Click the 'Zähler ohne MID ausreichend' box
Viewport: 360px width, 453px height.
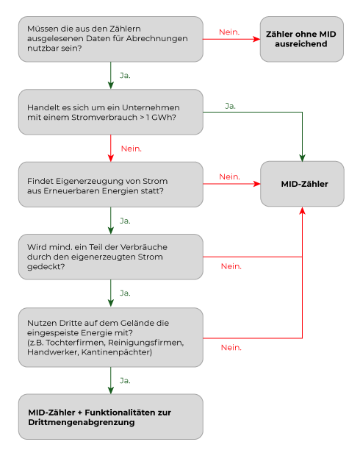[x=302, y=39]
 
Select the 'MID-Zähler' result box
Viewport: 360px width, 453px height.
[x=302, y=184]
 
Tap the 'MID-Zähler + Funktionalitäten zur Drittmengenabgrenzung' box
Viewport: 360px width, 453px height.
[x=110, y=416]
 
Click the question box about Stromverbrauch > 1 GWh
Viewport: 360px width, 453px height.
[x=110, y=112]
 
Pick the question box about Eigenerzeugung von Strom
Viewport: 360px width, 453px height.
[x=110, y=185]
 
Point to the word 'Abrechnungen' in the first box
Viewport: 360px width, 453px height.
[x=165, y=39]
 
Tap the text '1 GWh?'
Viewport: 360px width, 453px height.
[x=161, y=118]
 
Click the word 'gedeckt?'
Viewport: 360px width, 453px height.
[x=46, y=267]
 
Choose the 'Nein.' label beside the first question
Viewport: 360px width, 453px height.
[x=229, y=32]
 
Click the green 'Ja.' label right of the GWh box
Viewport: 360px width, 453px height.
[x=230, y=106]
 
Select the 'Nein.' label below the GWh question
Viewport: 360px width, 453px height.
[x=132, y=149]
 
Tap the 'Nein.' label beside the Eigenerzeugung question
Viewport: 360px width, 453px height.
[x=229, y=176]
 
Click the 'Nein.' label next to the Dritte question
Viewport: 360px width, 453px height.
[x=231, y=347]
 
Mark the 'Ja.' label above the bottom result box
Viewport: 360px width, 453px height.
[x=125, y=380]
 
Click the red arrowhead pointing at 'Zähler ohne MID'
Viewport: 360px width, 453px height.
[x=256, y=39]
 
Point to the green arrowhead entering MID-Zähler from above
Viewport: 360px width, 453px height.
[x=302, y=158]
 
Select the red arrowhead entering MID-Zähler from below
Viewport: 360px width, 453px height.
[x=302, y=210]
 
